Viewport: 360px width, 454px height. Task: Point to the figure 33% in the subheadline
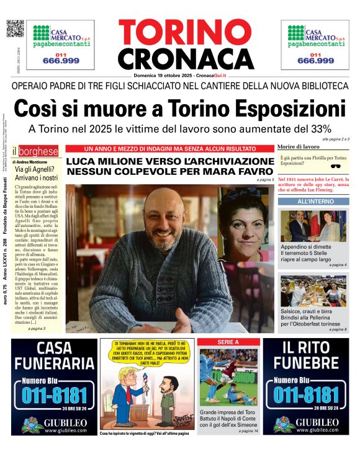pos(320,129)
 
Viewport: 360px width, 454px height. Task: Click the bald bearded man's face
pos(160,215)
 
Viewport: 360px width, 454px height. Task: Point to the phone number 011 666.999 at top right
pos(315,58)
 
